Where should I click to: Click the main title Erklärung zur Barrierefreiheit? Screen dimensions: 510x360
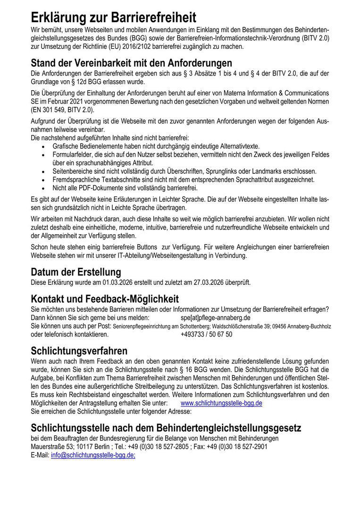point(113,18)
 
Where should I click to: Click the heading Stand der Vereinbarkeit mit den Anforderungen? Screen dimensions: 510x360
point(131,63)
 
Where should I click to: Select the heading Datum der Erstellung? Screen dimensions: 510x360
point(75,272)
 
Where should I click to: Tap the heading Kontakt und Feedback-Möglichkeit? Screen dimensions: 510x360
point(105,299)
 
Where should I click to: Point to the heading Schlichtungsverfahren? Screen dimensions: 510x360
point(79,351)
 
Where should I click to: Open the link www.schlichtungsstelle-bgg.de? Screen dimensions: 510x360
point(221,403)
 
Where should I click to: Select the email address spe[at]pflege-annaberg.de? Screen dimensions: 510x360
point(215,318)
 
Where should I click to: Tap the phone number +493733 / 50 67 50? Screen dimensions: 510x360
point(206,334)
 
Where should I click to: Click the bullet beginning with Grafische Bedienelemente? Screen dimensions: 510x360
point(156,147)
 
